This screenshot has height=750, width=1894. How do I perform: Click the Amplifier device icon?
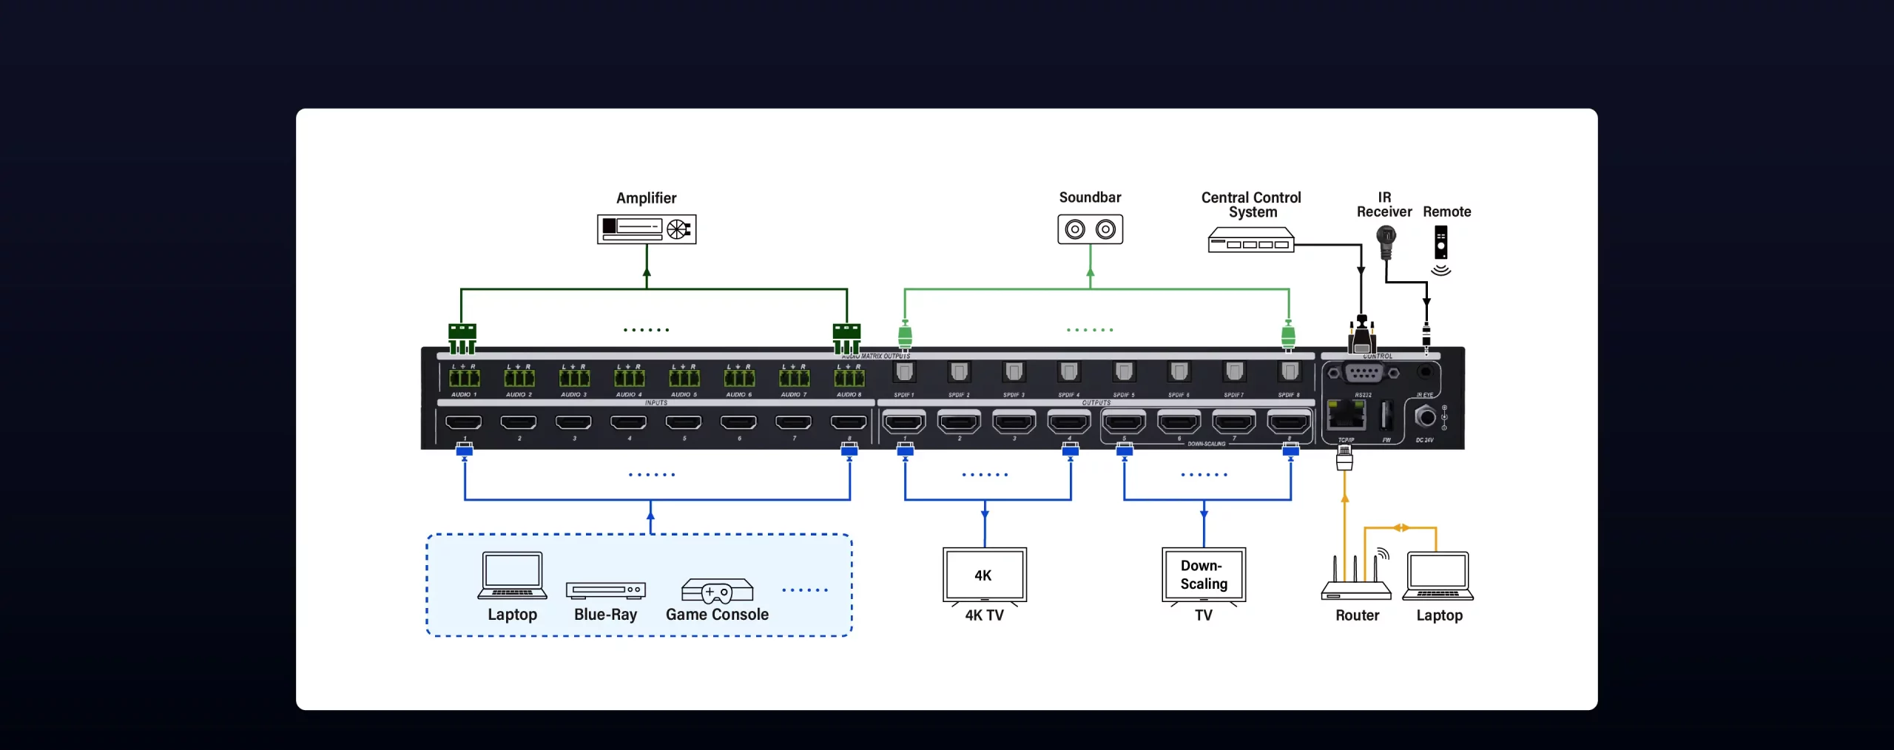click(647, 229)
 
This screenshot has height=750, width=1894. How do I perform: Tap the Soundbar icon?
click(1090, 229)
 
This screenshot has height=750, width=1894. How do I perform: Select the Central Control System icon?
click(1250, 240)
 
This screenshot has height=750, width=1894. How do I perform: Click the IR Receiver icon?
click(1386, 241)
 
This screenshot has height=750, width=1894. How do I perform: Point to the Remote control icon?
click(1440, 243)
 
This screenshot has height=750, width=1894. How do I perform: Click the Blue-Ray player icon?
click(606, 589)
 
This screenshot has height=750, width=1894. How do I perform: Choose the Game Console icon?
click(717, 591)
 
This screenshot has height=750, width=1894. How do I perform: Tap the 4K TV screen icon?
click(984, 575)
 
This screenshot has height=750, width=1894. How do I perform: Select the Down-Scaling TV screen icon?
click(1204, 575)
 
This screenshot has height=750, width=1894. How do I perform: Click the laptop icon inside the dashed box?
click(512, 575)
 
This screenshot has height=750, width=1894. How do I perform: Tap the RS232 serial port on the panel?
click(1363, 374)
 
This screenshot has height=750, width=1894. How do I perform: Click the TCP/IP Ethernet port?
click(1346, 415)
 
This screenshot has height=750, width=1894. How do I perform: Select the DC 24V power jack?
click(1425, 417)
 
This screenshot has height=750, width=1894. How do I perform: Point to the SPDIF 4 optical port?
click(1068, 371)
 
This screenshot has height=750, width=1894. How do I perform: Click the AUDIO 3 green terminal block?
click(574, 379)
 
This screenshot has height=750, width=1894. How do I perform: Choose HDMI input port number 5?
click(683, 422)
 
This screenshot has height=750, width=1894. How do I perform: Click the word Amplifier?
click(646, 198)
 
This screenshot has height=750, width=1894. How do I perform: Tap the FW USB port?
click(1386, 416)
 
